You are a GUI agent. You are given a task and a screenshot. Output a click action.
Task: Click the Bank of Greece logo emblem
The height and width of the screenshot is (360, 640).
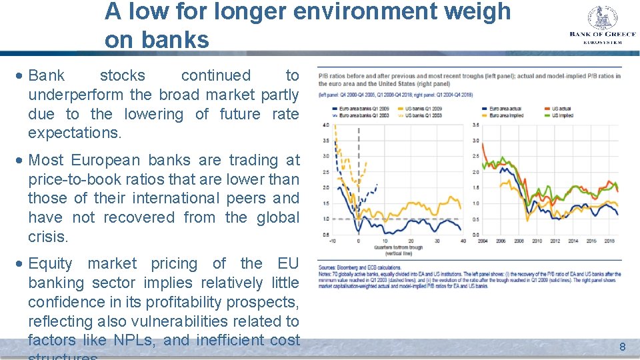(602, 17)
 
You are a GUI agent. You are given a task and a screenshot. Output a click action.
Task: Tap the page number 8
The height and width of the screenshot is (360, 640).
(622, 347)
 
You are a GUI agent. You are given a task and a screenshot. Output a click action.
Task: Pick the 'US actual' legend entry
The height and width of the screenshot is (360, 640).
(559, 108)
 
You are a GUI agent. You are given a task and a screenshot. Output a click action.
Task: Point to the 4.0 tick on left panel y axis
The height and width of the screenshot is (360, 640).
(325, 125)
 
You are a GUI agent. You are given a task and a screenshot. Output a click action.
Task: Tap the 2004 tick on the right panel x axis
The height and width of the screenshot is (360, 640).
(482, 241)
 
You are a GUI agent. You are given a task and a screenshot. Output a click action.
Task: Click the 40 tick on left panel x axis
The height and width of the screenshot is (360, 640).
(462, 241)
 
